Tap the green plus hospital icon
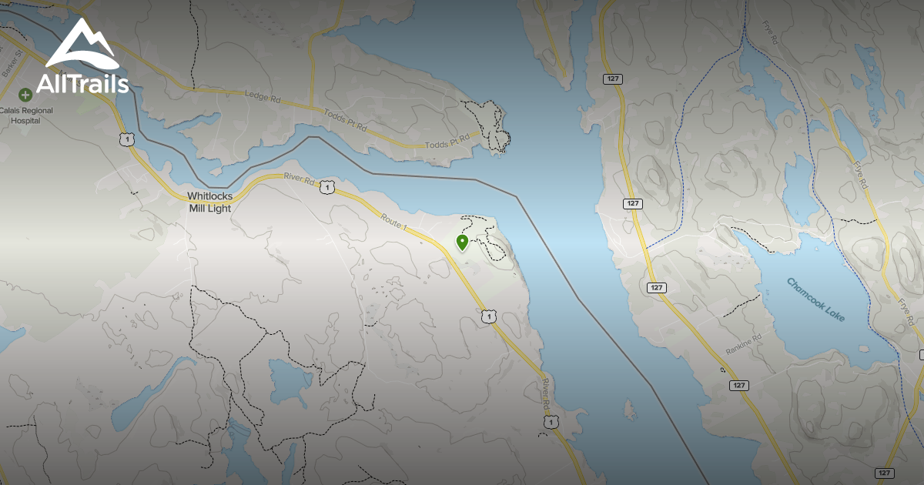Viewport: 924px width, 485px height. (x=25, y=95)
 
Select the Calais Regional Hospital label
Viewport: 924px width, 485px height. (x=27, y=115)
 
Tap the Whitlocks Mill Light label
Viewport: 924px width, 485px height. (x=209, y=202)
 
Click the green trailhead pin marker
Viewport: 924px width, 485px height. (x=462, y=243)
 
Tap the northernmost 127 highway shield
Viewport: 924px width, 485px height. (x=612, y=79)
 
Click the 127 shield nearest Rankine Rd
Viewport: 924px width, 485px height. (x=738, y=385)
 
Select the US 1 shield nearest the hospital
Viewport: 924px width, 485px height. (x=126, y=139)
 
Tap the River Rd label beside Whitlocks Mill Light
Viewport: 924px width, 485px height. (x=300, y=180)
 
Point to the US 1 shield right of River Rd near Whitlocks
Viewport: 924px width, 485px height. (x=328, y=187)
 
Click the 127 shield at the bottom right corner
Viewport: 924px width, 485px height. (x=884, y=473)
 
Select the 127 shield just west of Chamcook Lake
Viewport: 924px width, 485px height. (x=655, y=287)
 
